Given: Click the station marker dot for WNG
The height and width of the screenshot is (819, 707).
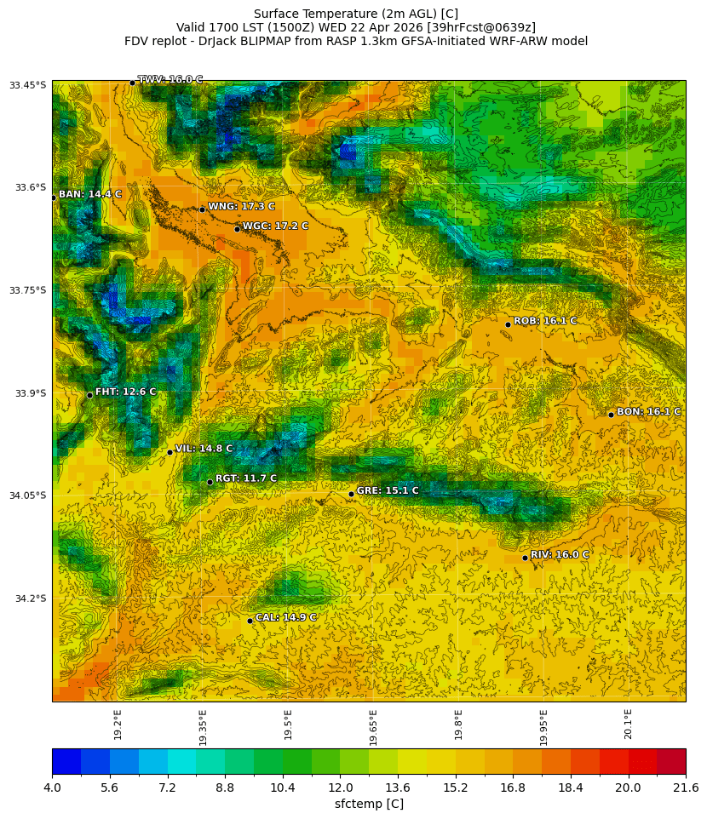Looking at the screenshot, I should tap(202, 209).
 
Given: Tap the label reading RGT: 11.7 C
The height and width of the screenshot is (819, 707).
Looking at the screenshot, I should tap(245, 478).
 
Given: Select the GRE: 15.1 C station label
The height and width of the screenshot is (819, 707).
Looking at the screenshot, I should tap(387, 490).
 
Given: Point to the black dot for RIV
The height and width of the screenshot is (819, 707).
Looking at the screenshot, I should tap(525, 558).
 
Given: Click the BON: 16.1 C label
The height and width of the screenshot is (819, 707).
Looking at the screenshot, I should tap(648, 411).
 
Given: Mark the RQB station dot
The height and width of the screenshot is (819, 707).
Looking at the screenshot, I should tap(508, 324).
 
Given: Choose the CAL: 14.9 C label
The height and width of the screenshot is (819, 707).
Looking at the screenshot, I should tap(285, 617).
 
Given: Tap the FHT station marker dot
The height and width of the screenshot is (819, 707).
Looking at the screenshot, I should tap(89, 395).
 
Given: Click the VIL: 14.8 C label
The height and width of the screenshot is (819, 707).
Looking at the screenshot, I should tap(204, 449).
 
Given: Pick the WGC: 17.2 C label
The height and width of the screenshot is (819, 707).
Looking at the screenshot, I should tap(275, 226).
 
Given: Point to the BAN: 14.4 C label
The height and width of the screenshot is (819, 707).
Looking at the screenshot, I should tap(89, 194).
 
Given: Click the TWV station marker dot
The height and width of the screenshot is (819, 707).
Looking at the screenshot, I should tap(132, 83).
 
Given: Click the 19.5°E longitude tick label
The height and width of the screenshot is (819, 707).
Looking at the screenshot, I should tap(288, 724).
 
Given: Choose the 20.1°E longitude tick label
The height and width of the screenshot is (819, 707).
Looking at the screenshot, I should tap(629, 724).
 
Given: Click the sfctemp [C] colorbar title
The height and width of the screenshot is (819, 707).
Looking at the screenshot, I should tap(369, 804).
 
